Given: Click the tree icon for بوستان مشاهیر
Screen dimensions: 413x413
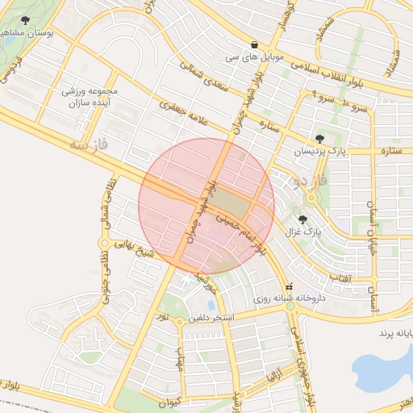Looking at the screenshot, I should (x=25, y=21).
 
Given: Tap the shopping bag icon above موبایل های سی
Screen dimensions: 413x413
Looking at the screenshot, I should (x=255, y=45).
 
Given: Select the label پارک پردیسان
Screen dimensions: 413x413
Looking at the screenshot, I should (x=323, y=152).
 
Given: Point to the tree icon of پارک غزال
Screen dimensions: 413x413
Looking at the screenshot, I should (x=302, y=219).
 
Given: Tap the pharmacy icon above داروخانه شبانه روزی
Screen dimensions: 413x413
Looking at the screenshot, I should (x=289, y=286).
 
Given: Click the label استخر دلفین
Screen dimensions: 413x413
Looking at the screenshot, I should (x=211, y=319).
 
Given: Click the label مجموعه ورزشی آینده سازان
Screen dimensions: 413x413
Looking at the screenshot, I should (x=90, y=98).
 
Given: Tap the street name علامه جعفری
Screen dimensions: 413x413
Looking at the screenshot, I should (x=186, y=112).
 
